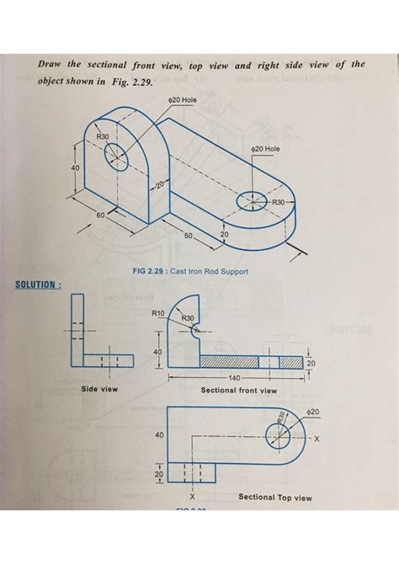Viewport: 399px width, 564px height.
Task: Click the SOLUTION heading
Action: tap(38, 284)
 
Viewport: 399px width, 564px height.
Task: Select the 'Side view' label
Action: tap(98, 390)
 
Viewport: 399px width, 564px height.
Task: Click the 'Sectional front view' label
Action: tap(238, 391)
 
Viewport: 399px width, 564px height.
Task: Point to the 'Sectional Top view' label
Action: tap(274, 497)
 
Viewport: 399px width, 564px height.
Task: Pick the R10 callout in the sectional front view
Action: tap(157, 312)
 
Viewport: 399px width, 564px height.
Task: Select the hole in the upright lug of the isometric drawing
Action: tap(116, 155)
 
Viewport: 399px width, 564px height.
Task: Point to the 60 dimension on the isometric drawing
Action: tap(100, 215)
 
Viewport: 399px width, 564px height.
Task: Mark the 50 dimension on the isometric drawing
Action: tap(189, 234)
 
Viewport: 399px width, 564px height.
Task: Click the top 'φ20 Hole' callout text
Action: tap(183, 99)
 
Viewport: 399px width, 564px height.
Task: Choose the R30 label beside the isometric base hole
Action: tap(280, 203)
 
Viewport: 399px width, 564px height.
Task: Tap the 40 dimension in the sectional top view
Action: tap(159, 436)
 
